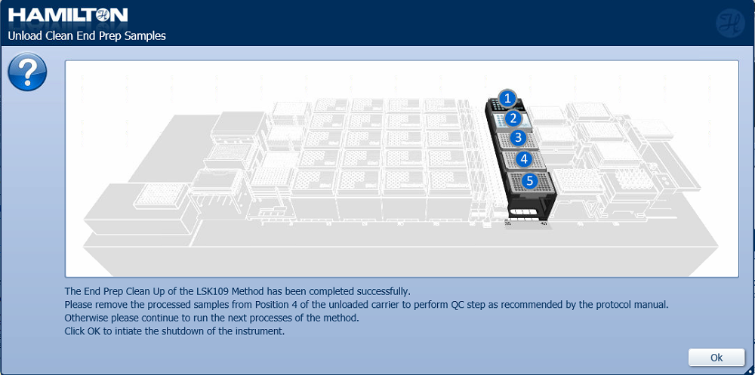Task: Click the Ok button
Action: click(716, 357)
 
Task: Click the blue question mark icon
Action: click(27, 72)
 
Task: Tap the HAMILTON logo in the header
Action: click(68, 15)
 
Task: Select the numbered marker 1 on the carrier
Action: click(507, 99)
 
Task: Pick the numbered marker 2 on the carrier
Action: click(513, 118)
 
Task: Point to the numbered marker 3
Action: click(518, 137)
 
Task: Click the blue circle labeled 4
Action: click(524, 158)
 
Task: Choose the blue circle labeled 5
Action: click(530, 180)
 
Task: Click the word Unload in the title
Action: click(22, 36)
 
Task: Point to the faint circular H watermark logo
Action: click(730, 23)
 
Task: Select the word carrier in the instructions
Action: click(359, 305)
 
